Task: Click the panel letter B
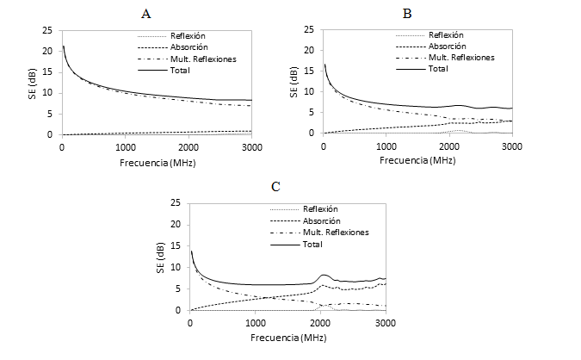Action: coord(407,13)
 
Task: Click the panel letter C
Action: coord(275,186)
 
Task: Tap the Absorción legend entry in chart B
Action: coord(447,46)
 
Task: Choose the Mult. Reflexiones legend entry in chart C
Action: coord(338,233)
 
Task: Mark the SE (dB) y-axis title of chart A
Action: coord(43,82)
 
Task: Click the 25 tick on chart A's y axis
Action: coord(51,28)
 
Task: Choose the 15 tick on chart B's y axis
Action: coord(311,71)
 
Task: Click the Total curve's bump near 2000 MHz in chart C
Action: coord(324,276)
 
